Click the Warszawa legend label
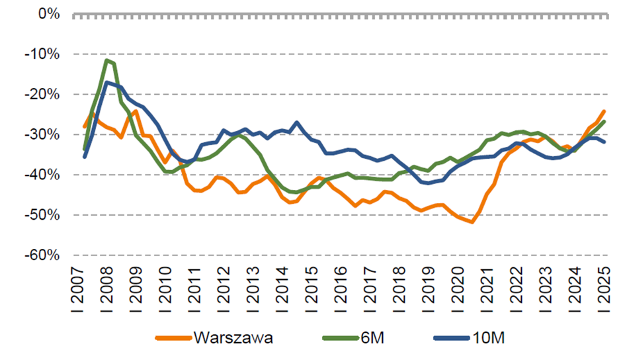click(233, 338)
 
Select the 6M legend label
click(372, 338)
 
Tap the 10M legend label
click(488, 338)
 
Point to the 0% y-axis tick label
click(49, 14)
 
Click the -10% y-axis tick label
click(42, 54)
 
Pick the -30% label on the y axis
click(42, 134)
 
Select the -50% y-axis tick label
click(42, 215)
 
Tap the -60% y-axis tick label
click(42, 255)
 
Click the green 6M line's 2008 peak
click(106, 60)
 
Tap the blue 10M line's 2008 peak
click(106, 83)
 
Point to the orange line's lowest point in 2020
click(472, 222)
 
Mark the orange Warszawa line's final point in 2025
click(604, 111)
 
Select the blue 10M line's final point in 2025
click(604, 142)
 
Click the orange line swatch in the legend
click(173, 338)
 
